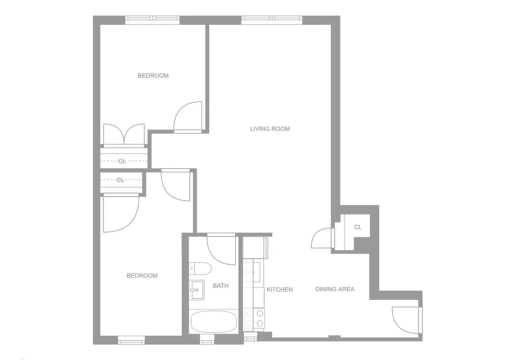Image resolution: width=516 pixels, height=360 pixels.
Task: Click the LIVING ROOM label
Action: click(270, 129)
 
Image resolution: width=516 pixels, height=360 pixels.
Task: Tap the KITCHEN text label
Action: click(279, 289)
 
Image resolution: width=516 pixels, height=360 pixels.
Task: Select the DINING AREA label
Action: click(335, 289)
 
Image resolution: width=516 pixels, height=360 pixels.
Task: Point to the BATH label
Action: click(220, 286)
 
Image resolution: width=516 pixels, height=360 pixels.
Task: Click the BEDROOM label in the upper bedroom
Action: click(153, 76)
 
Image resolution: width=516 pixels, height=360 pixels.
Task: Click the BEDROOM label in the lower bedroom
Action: click(142, 275)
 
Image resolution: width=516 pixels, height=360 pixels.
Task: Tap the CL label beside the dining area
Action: click(358, 227)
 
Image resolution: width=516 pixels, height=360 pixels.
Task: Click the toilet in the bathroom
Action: click(199, 269)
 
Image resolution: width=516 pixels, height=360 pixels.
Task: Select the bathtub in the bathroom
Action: click(214, 321)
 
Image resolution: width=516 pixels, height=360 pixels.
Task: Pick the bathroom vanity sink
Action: click(196, 290)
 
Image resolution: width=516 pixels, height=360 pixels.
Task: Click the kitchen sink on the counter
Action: click(252, 272)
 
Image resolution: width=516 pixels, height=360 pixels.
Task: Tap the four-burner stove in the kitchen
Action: click(254, 319)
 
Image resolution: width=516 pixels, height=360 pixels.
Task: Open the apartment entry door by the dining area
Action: click(407, 320)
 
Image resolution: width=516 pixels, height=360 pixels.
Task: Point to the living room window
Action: click(272, 20)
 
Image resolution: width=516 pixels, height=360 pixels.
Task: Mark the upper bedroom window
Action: click(152, 20)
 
